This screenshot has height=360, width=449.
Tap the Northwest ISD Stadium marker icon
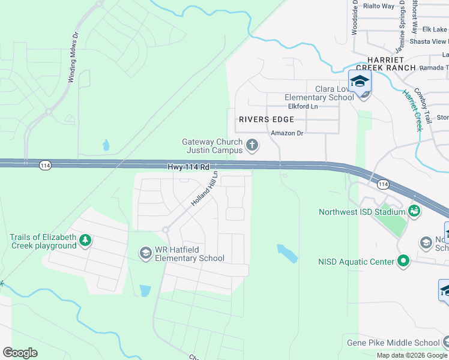pos(414,211)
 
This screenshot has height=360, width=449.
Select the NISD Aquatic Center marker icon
pos(403,261)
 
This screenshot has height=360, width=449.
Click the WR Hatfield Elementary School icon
pos(145,254)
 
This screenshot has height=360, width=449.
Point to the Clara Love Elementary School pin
pos(360,82)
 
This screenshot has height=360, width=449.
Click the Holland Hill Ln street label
pos(203,190)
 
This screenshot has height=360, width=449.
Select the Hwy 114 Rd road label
pos(188,166)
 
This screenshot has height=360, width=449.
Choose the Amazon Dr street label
pos(288,133)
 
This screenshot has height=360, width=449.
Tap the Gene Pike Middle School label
pos(393,343)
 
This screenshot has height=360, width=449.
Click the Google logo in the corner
pos(20,353)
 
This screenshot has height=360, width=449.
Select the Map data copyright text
pos(412,355)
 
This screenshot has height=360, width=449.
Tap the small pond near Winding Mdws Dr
pos(106,145)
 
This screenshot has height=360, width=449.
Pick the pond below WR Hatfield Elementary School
pos(145,291)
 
